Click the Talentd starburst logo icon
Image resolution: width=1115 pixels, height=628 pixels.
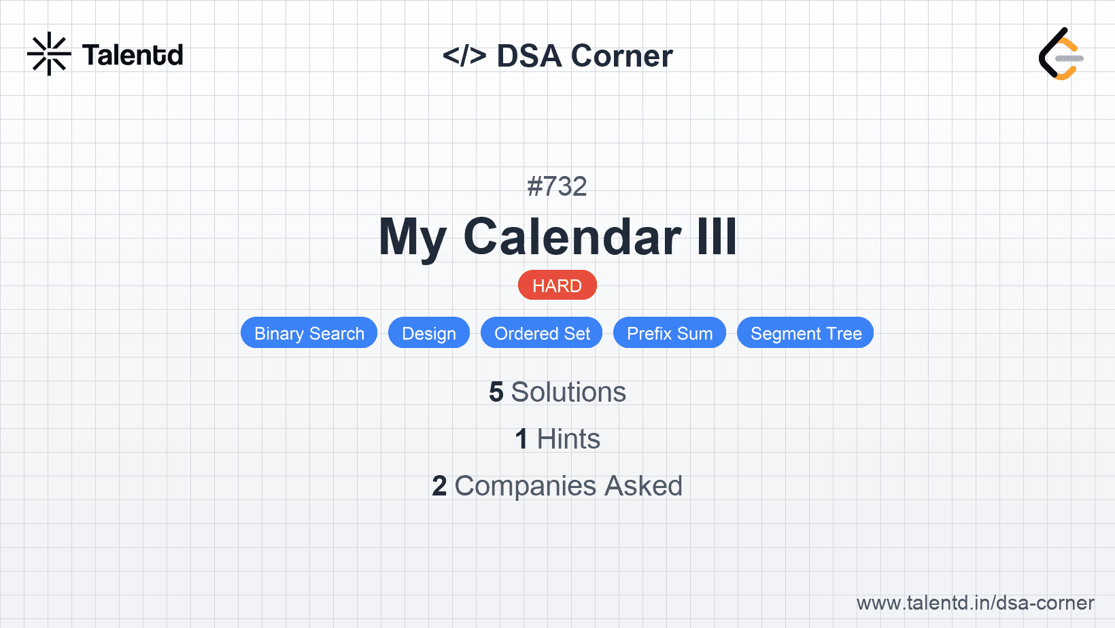(x=49, y=54)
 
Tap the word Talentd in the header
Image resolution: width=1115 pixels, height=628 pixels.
(x=133, y=55)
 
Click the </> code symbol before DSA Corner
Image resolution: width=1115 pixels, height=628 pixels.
(x=464, y=56)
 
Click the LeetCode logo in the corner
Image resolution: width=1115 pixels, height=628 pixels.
(x=1061, y=54)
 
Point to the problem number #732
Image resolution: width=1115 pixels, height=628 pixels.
(x=557, y=186)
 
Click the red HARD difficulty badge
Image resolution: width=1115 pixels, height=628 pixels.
(x=557, y=285)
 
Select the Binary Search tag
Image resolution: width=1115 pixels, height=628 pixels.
(x=309, y=333)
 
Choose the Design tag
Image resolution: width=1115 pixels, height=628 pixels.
(x=428, y=333)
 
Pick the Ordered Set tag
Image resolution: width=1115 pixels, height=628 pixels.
(x=542, y=333)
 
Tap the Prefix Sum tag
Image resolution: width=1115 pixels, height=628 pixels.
(x=669, y=333)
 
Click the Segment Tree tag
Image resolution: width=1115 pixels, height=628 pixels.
(x=806, y=333)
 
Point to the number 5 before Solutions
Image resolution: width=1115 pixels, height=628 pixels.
(x=496, y=392)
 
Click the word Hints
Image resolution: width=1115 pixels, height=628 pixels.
(x=568, y=439)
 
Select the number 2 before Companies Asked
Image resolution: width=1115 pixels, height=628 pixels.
(x=439, y=486)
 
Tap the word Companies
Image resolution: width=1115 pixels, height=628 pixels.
(x=525, y=486)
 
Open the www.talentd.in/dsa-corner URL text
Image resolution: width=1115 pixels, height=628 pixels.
(x=975, y=603)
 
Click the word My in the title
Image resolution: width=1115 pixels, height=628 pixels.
(x=412, y=238)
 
